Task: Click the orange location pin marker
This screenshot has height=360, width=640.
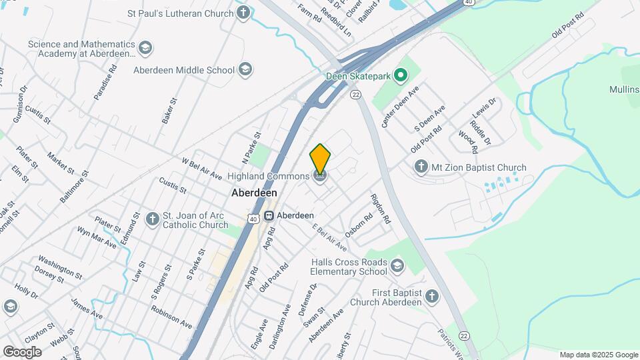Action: pyautogui.click(x=320, y=159)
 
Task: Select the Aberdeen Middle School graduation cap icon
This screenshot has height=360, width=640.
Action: pyautogui.click(x=245, y=70)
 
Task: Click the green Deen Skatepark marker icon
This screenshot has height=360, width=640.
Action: pyautogui.click(x=401, y=76)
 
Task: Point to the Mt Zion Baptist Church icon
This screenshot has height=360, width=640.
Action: pyautogui.click(x=421, y=167)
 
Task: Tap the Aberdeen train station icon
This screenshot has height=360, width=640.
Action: pyautogui.click(x=269, y=215)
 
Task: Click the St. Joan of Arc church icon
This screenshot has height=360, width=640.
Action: pyautogui.click(x=153, y=219)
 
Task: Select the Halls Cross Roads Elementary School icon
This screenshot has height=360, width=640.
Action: pyautogui.click(x=397, y=267)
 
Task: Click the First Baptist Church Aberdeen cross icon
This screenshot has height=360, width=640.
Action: pyautogui.click(x=432, y=297)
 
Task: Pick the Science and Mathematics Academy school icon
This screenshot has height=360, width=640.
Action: pyautogui.click(x=145, y=49)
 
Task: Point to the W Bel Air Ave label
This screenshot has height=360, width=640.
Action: pyautogui.click(x=201, y=169)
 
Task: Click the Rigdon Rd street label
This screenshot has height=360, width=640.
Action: pyautogui.click(x=379, y=209)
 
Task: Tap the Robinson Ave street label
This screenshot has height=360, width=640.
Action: pyautogui.click(x=171, y=317)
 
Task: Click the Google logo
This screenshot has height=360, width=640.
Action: pyautogui.click(x=22, y=352)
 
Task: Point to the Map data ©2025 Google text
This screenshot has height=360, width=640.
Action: pyautogui.click(x=599, y=355)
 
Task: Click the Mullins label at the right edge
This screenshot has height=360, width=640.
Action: pyautogui.click(x=624, y=89)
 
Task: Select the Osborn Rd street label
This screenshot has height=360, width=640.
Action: pyautogui.click(x=359, y=227)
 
